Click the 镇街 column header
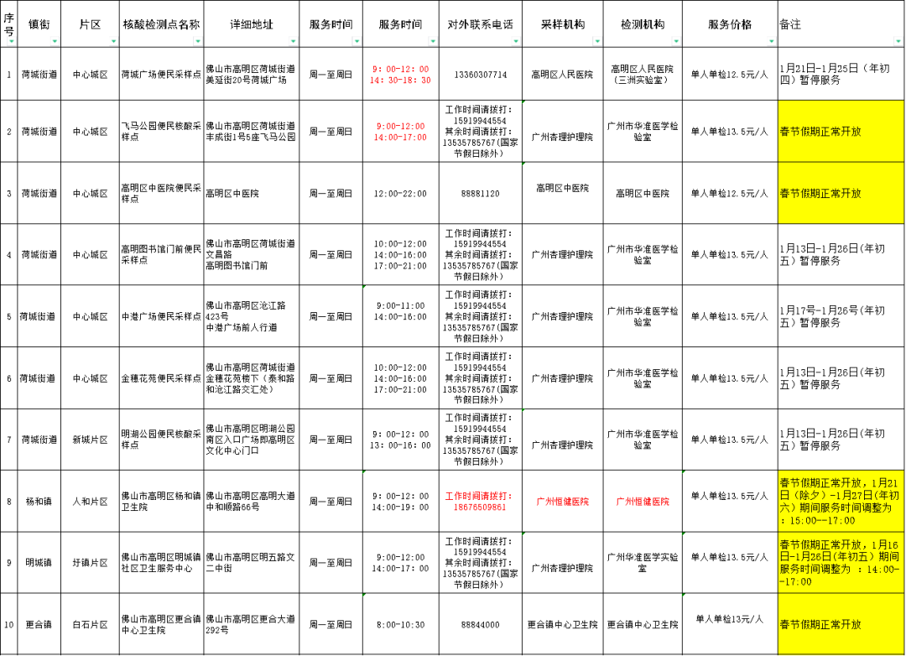39,24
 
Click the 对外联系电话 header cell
480,24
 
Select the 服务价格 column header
730,24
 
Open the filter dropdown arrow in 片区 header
113,42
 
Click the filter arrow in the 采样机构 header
597,42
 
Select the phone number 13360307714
480,75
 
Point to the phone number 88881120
480,194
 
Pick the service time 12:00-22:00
400,194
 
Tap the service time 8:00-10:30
400,625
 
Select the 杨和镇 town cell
39,501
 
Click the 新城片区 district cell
90,440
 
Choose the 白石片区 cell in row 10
90,625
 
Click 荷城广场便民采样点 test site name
161,75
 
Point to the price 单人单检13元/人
730,619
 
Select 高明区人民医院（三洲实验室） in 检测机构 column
643,74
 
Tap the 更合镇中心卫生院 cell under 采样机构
562,625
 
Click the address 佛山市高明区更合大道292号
250,624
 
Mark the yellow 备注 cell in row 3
841,193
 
